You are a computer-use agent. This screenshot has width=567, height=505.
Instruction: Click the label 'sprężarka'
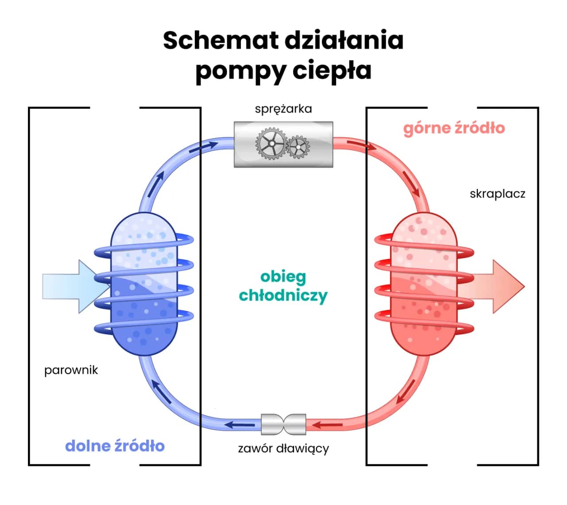(x=283, y=109)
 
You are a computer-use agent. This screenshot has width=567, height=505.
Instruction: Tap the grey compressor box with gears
(x=283, y=144)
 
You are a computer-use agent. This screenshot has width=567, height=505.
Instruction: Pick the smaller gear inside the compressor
(x=298, y=146)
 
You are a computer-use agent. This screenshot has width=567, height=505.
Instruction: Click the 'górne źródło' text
(x=454, y=128)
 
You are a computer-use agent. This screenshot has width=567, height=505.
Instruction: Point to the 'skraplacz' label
(x=497, y=194)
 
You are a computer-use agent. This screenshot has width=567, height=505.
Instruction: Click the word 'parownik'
(x=71, y=370)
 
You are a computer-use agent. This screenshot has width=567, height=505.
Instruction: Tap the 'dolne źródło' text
(x=115, y=446)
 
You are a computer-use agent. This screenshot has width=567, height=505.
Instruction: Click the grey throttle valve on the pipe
(x=283, y=424)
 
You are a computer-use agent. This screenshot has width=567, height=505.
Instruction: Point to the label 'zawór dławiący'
(x=283, y=449)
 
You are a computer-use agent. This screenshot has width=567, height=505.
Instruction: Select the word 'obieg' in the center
(x=283, y=277)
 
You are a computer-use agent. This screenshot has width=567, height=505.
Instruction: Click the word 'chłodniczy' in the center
(x=283, y=295)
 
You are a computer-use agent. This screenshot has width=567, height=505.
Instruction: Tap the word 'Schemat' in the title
(x=220, y=41)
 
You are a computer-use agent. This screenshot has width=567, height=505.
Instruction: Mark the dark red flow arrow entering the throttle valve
(x=328, y=426)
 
